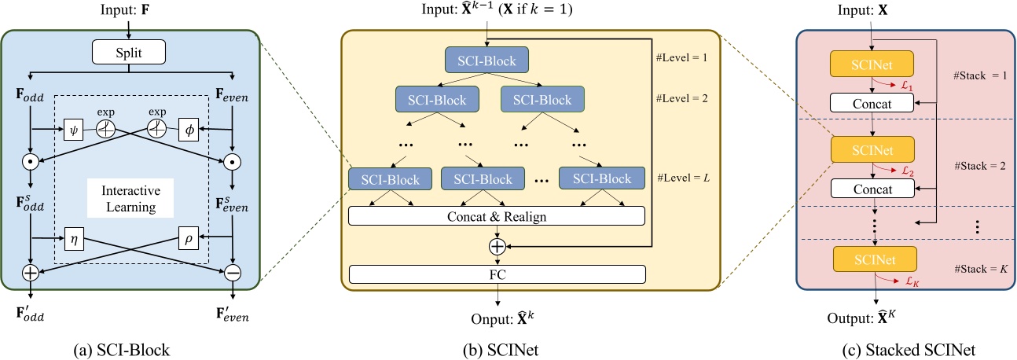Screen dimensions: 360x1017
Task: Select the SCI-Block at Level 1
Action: point(487,60)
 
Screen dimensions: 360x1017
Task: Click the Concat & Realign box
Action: point(496,215)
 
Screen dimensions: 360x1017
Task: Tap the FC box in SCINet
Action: point(496,274)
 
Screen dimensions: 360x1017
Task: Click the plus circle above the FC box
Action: point(496,245)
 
